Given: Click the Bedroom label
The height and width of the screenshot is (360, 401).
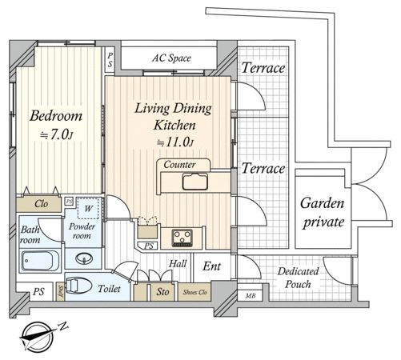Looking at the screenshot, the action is coord(56,116).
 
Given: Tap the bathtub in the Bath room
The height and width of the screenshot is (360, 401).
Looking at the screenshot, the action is coord(41,261).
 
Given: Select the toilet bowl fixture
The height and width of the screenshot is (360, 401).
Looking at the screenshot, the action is coord(78,286).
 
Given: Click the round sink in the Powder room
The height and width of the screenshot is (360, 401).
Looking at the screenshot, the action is coord(84,258).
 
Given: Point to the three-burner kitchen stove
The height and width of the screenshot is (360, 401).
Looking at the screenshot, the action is coord(182,238).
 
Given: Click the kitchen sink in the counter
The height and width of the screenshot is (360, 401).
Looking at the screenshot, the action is coord(195,182).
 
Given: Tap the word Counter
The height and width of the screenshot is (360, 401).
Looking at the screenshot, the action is coord(179,165).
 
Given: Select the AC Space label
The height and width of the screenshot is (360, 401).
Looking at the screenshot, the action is coord(171,58).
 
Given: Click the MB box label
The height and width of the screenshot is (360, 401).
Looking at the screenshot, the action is coord(251,295).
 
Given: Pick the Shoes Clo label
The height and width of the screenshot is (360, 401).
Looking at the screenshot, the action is coord(195,292).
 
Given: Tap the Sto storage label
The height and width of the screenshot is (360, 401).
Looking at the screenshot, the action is coord(162,292).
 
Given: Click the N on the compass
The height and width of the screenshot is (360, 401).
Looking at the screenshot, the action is coord(63,326).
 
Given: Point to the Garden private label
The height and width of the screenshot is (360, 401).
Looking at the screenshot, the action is coord(323,213).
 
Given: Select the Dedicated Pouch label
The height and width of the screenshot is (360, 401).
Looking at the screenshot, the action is coord(298,278).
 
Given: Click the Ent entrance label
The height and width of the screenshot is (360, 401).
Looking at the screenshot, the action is coord(211,266).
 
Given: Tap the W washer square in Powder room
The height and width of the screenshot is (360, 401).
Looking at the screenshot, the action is coord(88,208).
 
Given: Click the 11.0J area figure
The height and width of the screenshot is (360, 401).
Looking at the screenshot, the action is coord(174,142).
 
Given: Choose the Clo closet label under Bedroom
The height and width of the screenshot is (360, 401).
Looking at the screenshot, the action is coord(41,204).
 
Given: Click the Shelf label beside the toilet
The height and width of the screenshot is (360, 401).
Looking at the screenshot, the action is coord(61,291).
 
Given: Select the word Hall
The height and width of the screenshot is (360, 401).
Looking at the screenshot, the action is coord(178,264).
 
